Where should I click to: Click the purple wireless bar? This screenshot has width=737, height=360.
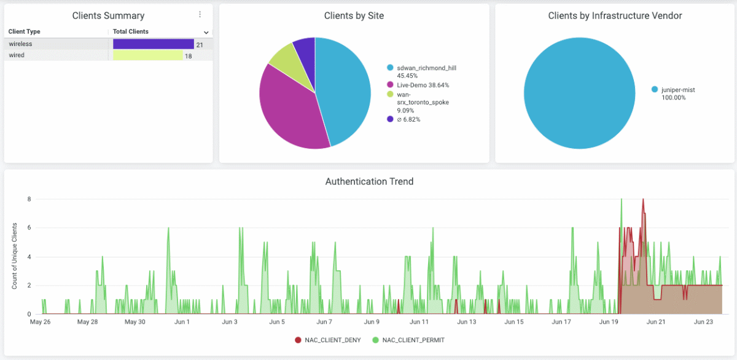[154, 44]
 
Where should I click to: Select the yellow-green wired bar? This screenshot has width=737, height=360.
[147, 56]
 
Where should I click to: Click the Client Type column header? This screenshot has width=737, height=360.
[25, 31]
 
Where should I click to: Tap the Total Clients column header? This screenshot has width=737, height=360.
[131, 31]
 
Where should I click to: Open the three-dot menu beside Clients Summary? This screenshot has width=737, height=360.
[200, 15]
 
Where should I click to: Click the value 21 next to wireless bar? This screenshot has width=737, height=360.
[200, 45]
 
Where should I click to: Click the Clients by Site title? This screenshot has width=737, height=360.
[354, 16]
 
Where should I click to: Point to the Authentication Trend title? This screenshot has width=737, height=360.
[369, 182]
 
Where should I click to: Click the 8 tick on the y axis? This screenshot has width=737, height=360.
[28, 199]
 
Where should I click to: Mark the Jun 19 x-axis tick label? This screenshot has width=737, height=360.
[609, 322]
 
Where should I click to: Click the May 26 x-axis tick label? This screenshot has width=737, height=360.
[40, 322]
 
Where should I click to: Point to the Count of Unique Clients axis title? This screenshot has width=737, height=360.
[15, 256]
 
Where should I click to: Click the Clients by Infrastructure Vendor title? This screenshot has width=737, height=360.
[615, 16]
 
